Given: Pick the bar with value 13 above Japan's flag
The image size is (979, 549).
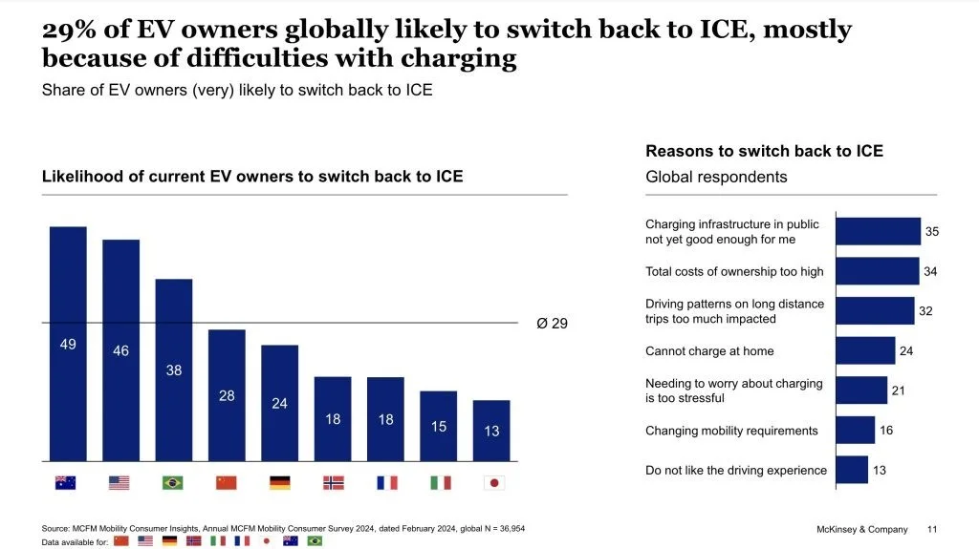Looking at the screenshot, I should (491, 431).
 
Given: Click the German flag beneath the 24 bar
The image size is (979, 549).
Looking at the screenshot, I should (280, 483).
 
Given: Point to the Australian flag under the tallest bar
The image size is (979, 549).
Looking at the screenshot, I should (66, 483).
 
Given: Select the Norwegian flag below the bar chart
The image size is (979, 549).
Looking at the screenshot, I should (333, 483).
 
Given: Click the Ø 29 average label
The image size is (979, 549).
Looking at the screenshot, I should (552, 324).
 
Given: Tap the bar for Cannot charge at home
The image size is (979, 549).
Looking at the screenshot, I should (865, 350).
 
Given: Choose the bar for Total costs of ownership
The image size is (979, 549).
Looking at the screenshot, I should (877, 271).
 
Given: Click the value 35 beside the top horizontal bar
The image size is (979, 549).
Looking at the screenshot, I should (931, 231).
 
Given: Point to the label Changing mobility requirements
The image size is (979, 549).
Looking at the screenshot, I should (731, 431).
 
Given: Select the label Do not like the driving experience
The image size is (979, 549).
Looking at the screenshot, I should (736, 470).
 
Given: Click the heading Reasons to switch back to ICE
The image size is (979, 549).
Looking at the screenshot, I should (764, 151).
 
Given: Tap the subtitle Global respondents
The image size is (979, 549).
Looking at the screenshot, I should (716, 177).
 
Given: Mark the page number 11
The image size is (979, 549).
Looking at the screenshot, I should (932, 529).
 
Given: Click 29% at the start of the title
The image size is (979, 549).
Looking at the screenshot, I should (70, 30).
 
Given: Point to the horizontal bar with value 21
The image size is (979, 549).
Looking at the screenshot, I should (861, 391).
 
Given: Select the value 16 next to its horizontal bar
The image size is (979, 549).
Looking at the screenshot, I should (886, 431).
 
